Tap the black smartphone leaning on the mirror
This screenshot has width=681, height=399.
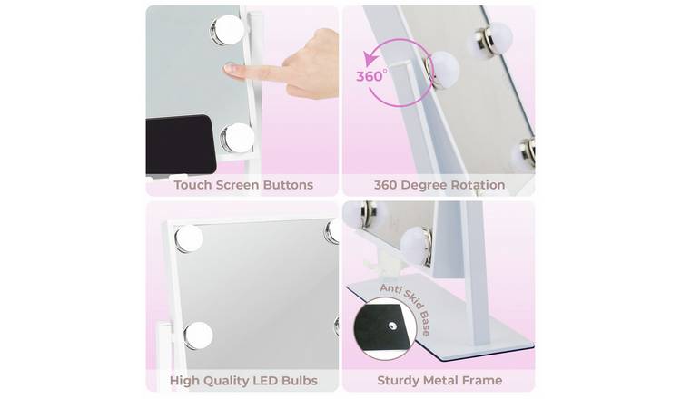(182, 144)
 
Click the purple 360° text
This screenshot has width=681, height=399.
(370, 76)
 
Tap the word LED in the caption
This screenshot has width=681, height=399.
(257, 380)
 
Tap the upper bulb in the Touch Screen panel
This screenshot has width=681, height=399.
(226, 29)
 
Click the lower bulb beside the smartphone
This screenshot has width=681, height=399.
(238, 138)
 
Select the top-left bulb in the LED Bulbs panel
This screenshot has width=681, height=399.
(189, 238)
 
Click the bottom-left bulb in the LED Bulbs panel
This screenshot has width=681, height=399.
(198, 335)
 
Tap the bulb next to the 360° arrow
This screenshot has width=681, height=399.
(443, 69)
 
